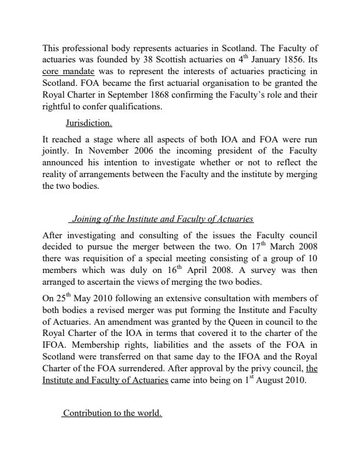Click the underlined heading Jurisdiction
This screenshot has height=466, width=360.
point(89,124)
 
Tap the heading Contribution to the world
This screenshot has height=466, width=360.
point(112,413)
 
